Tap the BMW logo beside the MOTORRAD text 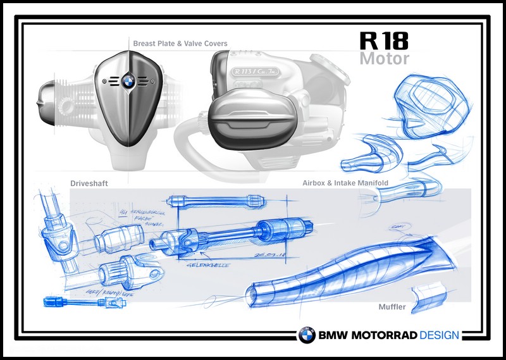tap(307, 335)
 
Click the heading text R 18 tap(384, 41)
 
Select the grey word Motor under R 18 tap(384, 58)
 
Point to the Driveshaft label tap(89, 183)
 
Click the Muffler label tap(392, 307)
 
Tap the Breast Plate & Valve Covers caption tap(180, 44)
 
